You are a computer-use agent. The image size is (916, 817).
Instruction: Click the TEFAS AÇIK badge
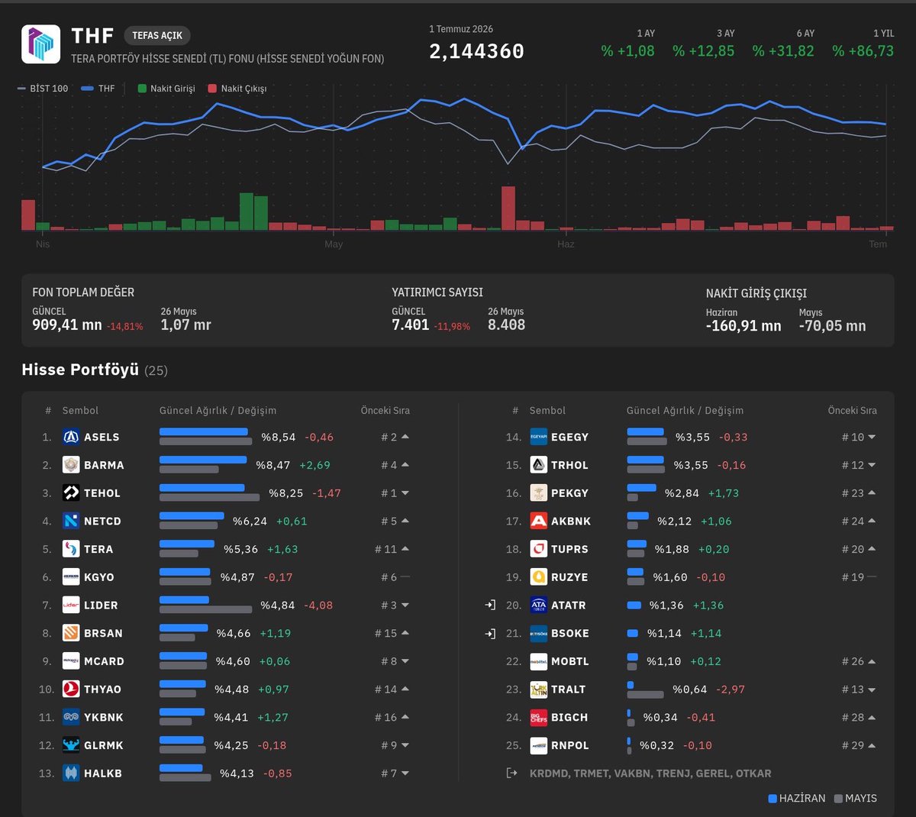click(157, 36)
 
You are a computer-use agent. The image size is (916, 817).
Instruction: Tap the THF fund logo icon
click(40, 44)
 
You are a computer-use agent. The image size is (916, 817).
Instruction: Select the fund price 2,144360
click(476, 51)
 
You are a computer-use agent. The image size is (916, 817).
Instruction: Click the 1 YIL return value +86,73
click(863, 50)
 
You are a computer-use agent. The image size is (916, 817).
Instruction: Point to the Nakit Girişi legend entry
click(166, 89)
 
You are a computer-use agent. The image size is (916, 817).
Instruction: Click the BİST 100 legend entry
click(43, 89)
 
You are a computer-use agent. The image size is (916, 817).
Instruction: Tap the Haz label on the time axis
click(566, 244)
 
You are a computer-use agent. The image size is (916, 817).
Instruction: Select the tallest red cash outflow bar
click(508, 208)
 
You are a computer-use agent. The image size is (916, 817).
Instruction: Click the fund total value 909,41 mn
click(67, 325)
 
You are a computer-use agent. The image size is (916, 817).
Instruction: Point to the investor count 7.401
click(410, 325)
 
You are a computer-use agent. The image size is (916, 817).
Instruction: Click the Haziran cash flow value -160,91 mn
click(743, 326)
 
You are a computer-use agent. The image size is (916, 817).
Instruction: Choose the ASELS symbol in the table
click(102, 437)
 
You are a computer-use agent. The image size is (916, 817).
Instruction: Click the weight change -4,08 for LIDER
click(318, 605)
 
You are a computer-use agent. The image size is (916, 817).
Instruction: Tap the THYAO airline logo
click(71, 689)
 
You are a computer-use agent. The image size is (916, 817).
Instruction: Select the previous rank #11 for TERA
click(385, 549)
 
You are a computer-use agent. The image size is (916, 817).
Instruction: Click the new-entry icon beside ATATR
click(490, 605)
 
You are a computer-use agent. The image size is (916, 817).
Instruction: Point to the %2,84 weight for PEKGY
click(682, 493)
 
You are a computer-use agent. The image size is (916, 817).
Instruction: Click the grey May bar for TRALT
click(645, 694)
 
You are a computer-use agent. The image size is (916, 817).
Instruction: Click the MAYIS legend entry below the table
click(856, 799)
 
